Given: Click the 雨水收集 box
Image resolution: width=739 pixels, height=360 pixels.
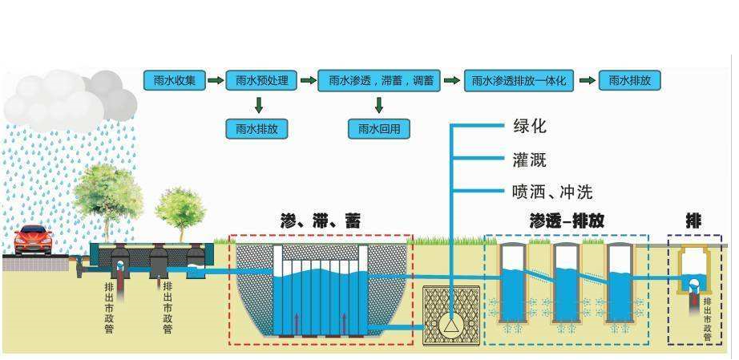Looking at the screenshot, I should coord(172,81).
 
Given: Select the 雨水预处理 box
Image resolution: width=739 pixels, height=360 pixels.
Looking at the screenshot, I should coord(260,81).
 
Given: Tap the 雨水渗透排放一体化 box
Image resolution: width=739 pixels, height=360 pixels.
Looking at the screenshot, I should coord(519,81).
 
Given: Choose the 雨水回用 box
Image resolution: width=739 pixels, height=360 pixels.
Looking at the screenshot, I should coord(379,129).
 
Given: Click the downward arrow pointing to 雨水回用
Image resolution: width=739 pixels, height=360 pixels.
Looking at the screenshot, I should coord(379,104).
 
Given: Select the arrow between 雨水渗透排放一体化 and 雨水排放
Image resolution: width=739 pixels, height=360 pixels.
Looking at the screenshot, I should coord(587,81).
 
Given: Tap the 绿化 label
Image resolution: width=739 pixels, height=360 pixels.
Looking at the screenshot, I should coord(529,127).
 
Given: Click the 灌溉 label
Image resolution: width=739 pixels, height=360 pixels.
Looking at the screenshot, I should coord(529,160).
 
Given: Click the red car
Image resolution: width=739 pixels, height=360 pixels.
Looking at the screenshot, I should coord(33,239).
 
